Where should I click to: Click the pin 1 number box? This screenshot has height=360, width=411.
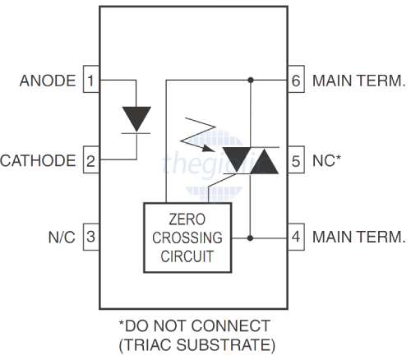click(x=90, y=81)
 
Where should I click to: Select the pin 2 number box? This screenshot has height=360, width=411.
click(x=90, y=159)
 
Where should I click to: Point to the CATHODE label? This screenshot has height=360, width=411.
click(x=39, y=159)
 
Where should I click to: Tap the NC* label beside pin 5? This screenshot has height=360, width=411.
click(x=326, y=159)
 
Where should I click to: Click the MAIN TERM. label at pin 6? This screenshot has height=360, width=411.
click(x=359, y=81)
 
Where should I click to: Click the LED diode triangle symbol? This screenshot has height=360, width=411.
click(x=135, y=118)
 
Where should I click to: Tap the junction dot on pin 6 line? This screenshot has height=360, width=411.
click(x=251, y=81)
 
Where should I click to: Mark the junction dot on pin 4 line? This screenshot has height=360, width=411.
click(x=251, y=238)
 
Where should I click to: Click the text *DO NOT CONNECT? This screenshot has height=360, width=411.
click(x=205, y=325)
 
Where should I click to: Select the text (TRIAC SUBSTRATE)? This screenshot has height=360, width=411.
click(x=205, y=344)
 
